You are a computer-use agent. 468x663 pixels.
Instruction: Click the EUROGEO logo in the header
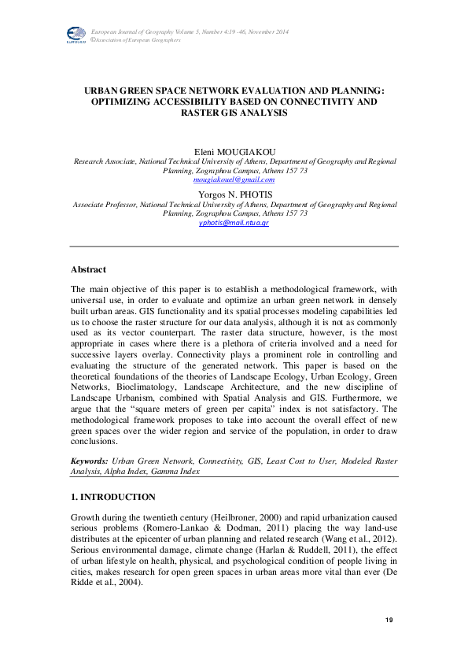[76, 34]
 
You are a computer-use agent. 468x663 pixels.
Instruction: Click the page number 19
[389, 621]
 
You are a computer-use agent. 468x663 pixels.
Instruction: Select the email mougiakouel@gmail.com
[234, 180]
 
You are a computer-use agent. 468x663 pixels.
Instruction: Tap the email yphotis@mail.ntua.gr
[234, 223]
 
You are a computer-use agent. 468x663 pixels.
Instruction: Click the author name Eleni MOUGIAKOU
[234, 150]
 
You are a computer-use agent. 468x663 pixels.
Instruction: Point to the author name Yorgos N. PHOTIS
[234, 193]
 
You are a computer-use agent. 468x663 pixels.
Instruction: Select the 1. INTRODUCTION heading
[113, 497]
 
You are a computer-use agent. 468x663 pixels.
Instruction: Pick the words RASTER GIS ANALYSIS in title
[234, 113]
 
